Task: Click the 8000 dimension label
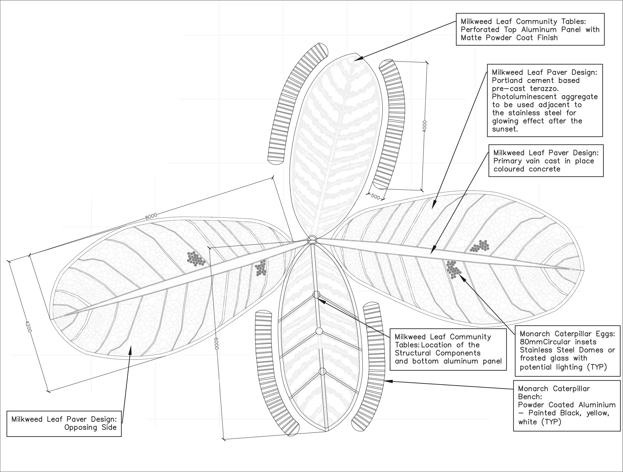coord(151,216)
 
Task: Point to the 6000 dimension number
coord(216,344)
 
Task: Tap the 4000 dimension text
coord(425,126)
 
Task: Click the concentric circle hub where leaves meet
coord(312,240)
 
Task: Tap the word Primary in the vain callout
coord(504,161)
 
